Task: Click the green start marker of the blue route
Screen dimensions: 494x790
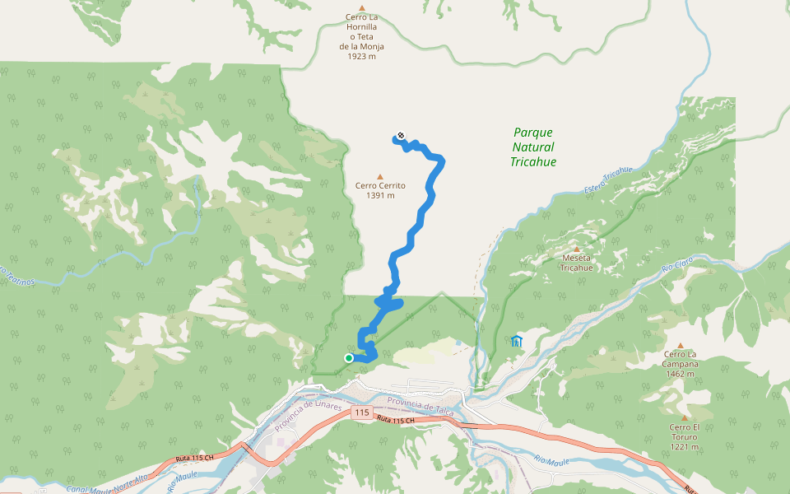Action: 349,357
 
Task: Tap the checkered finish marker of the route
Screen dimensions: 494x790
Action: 401,136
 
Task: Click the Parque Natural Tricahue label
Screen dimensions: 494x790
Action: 533,147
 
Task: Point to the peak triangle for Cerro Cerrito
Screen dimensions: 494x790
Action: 379,176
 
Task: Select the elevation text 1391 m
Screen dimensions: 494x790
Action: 380,196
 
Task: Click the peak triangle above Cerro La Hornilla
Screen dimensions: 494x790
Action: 361,7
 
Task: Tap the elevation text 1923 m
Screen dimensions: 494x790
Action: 361,56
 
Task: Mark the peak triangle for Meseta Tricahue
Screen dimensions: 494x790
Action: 577,249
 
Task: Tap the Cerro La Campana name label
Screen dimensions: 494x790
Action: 681,359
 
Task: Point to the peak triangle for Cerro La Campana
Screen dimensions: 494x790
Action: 681,346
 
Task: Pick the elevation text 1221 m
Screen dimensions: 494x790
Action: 684,447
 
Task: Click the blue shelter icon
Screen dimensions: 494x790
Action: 516,341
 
